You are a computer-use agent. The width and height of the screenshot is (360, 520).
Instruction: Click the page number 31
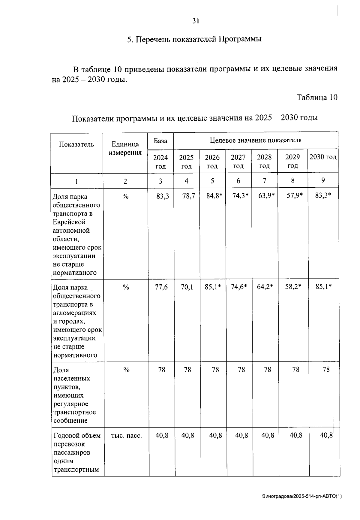click(x=196, y=21)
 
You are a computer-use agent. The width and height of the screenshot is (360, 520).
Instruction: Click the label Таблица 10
click(x=317, y=97)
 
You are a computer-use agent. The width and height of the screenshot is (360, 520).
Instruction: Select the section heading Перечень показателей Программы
click(x=194, y=39)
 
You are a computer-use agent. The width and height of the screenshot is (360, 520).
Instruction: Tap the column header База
click(x=160, y=141)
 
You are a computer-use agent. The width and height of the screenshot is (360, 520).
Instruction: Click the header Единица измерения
click(x=125, y=148)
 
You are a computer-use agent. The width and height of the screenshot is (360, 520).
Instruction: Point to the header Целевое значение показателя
click(x=256, y=140)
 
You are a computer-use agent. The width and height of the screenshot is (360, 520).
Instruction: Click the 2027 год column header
click(x=238, y=161)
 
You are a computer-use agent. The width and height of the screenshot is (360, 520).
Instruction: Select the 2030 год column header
click(x=323, y=157)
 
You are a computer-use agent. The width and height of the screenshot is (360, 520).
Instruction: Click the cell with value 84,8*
click(x=214, y=196)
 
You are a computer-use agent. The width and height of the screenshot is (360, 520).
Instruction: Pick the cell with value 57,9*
click(x=294, y=196)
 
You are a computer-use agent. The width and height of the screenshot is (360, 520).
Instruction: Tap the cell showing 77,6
click(x=161, y=287)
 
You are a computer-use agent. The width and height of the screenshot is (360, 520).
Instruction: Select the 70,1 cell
click(x=187, y=287)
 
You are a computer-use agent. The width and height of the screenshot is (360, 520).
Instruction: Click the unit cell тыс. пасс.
click(x=126, y=435)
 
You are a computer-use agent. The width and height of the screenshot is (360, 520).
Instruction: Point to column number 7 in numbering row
click(x=264, y=181)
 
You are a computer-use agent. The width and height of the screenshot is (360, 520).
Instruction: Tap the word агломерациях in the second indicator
click(x=74, y=313)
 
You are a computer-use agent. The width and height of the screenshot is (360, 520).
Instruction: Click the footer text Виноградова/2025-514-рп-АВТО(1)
click(x=301, y=496)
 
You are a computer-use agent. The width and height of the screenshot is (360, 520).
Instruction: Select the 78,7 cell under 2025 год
click(x=188, y=196)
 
